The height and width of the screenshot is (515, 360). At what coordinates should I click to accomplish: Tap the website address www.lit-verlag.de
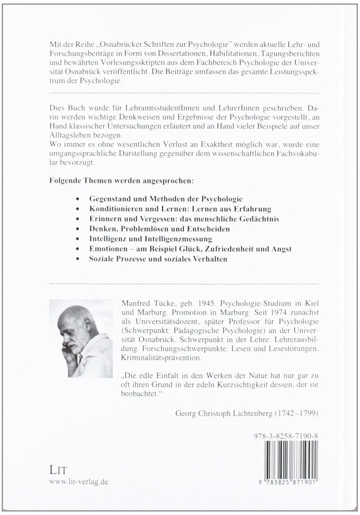point(79,481)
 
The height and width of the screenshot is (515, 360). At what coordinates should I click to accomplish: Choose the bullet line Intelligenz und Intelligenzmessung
point(150,239)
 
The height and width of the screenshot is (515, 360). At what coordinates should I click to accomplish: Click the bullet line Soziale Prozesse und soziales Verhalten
point(158,259)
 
